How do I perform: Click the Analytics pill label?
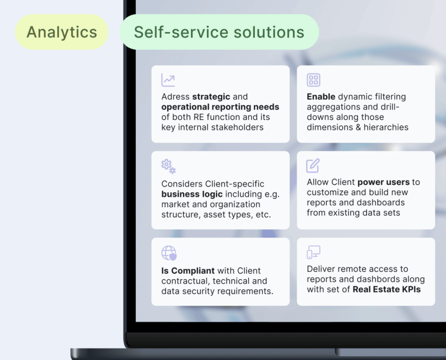[62, 32]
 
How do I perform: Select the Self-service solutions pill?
[219, 32]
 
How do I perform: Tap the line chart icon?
[168, 80]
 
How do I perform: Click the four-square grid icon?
[314, 80]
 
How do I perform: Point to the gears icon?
[169, 166]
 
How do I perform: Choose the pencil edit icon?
[313, 166]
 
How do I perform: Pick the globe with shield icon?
[169, 253]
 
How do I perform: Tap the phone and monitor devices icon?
[314, 252]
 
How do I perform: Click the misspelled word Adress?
[176, 97]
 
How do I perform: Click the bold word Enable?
[321, 97]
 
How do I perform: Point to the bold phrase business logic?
[192, 194]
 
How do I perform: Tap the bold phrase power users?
[383, 182]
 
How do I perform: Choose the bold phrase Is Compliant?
[188, 271]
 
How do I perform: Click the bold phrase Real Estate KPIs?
[387, 289]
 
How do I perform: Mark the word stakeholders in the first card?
[240, 127]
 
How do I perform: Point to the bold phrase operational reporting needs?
[220, 107]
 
